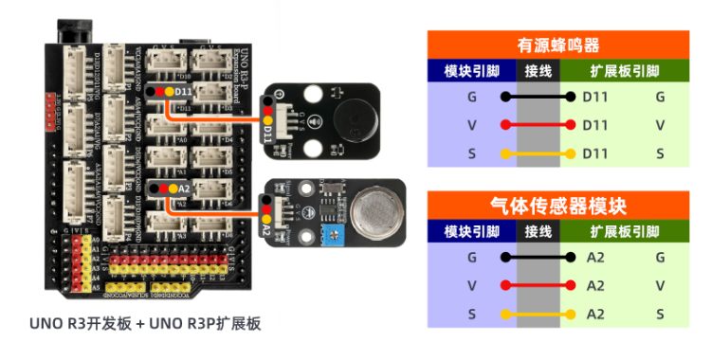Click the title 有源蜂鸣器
point(557,45)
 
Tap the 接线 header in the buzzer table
point(538,71)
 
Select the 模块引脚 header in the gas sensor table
point(471,232)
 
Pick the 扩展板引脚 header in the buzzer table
point(625,71)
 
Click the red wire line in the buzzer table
point(538,125)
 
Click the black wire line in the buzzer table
point(538,97)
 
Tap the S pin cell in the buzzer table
point(471,153)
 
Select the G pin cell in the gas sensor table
point(471,258)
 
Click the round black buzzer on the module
point(353,119)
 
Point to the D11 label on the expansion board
point(183,91)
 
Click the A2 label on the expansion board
point(183,189)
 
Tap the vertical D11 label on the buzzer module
point(268,134)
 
